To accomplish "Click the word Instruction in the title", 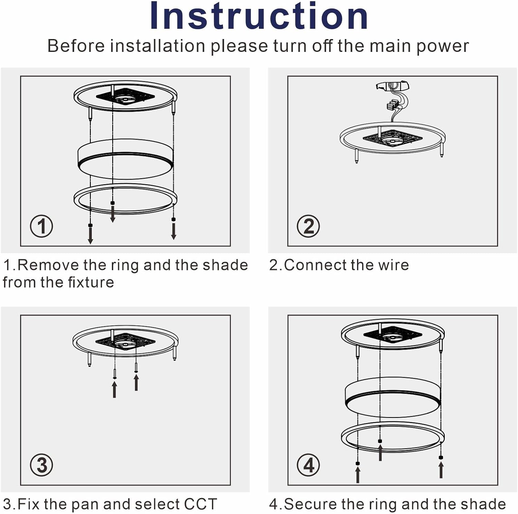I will (x=259, y=16).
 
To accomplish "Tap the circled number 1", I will (x=41, y=226).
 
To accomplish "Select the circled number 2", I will (x=308, y=226).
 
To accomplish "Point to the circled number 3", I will (x=41, y=465).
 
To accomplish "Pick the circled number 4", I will (x=308, y=465).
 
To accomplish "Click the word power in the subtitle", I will (x=442, y=46).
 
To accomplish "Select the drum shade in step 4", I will (x=393, y=396).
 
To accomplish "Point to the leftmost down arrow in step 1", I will (x=90, y=235).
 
